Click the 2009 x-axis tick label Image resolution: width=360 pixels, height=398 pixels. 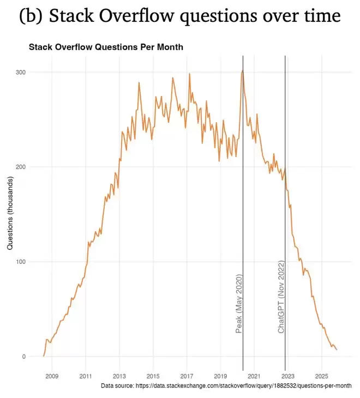pos(51,376)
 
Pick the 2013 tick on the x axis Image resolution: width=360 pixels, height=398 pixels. pos(119,376)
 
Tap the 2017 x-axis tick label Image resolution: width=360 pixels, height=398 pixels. pos(187,376)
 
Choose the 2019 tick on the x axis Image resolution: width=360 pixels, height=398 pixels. pos(220,376)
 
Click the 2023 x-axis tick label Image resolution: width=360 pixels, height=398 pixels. pos(288,376)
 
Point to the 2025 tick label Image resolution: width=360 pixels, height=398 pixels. pos(322,376)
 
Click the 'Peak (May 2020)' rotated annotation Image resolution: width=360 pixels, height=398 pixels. pos(238,304)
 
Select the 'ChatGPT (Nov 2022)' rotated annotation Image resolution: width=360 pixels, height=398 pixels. pos(281,297)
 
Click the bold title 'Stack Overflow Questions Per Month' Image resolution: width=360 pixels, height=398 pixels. pos(106,47)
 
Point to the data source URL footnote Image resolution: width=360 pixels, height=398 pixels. pos(226,385)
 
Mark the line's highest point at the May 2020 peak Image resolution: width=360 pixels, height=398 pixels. pos(243,70)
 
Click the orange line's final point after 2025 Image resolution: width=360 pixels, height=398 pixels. pos(337,349)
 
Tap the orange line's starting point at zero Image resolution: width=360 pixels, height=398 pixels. pos(44,356)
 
